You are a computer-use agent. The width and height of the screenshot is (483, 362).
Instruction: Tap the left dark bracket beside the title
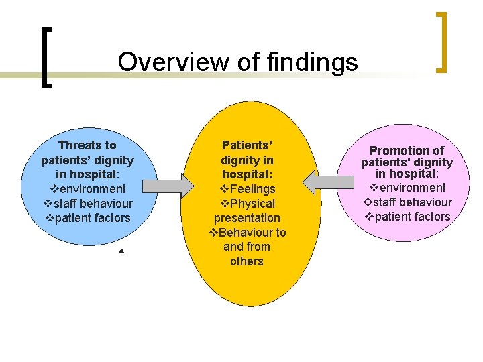click(x=46, y=57)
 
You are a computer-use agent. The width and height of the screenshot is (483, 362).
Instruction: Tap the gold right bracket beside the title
click(x=441, y=42)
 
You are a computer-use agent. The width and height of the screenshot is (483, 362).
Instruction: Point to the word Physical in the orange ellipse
click(x=252, y=204)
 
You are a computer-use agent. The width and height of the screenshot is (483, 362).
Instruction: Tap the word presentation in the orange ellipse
click(x=247, y=218)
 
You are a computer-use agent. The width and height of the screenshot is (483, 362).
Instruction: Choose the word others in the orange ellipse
click(x=247, y=261)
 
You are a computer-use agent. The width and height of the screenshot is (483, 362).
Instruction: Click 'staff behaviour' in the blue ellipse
click(x=92, y=203)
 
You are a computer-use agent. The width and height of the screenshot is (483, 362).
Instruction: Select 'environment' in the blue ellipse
click(x=92, y=189)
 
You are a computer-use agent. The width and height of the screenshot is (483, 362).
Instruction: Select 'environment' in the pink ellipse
click(x=411, y=188)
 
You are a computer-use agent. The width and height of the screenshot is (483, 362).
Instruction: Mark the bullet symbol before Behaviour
click(x=214, y=233)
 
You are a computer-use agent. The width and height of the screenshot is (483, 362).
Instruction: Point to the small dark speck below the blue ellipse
click(x=121, y=251)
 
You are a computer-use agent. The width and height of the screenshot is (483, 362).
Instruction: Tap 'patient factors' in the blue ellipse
click(x=92, y=218)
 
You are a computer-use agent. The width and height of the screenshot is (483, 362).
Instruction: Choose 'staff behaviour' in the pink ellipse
click(x=412, y=202)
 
